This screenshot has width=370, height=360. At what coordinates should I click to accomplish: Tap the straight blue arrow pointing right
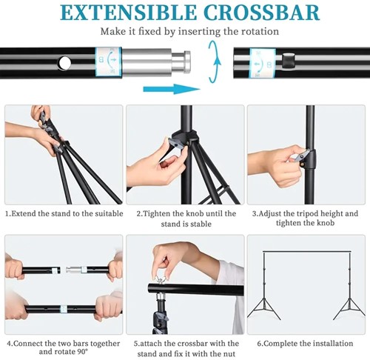point(172,89)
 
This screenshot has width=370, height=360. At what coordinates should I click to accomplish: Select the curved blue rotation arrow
point(215,61)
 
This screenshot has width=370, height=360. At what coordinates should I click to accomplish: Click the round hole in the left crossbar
point(64,63)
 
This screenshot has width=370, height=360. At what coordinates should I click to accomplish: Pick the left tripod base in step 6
point(264,309)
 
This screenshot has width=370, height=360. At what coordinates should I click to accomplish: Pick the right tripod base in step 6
point(349,309)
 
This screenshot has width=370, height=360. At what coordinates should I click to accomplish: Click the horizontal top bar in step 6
point(307,252)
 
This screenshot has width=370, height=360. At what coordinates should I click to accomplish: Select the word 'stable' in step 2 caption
point(199,224)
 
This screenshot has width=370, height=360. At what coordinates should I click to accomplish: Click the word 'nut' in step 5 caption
point(229,354)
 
